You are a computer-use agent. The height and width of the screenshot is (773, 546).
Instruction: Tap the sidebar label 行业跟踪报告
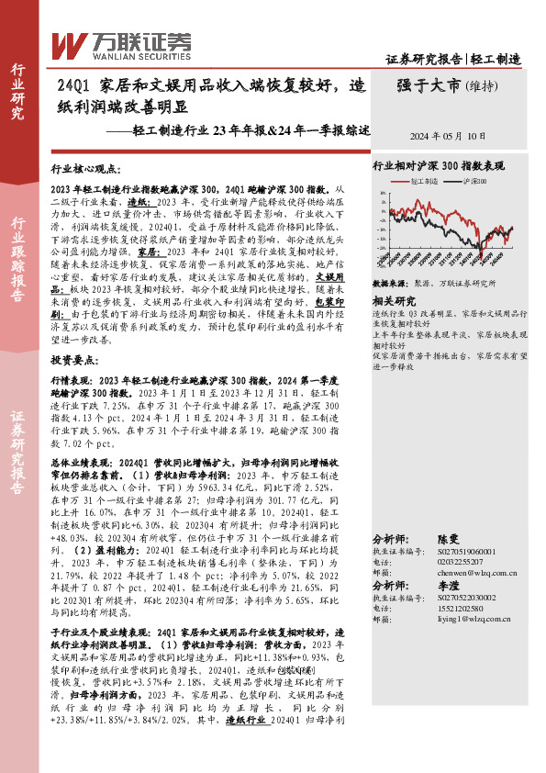(18, 262)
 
